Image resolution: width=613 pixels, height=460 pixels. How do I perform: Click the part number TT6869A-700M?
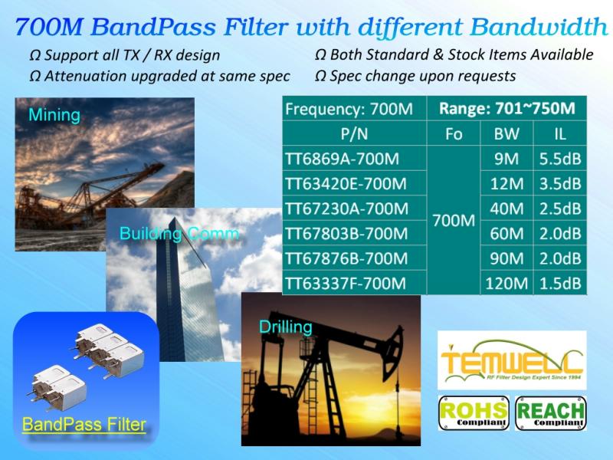[342, 159]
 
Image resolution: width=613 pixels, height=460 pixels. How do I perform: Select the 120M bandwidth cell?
[506, 283]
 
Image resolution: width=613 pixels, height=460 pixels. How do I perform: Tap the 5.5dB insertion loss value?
[560, 159]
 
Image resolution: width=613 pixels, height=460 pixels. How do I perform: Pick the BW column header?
[506, 134]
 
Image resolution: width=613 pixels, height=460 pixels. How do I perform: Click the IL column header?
[560, 134]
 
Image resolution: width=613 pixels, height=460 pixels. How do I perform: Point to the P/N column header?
[354, 134]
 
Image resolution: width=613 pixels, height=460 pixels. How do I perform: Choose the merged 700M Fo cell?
[454, 221]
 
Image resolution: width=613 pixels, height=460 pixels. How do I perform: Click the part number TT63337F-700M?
[346, 283]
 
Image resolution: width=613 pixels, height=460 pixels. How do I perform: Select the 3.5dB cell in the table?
[560, 184]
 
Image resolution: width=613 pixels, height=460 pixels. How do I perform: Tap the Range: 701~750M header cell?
[507, 108]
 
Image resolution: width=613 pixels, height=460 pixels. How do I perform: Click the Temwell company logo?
[512, 360]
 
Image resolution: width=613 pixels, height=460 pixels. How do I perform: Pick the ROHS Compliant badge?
[474, 413]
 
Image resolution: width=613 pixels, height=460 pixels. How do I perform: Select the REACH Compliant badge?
[550, 413]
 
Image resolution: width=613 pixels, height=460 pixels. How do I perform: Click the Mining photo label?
[54, 115]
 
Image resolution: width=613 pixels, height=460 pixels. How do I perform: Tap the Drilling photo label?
[286, 327]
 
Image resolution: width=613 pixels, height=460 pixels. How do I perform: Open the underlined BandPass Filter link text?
[84, 425]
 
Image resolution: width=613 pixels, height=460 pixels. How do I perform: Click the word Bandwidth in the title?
[539, 27]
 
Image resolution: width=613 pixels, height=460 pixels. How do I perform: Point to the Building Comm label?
[179, 234]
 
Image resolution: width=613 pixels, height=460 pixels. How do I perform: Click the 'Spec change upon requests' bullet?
[415, 76]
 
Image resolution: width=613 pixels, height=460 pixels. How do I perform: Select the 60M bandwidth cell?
[506, 234]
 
